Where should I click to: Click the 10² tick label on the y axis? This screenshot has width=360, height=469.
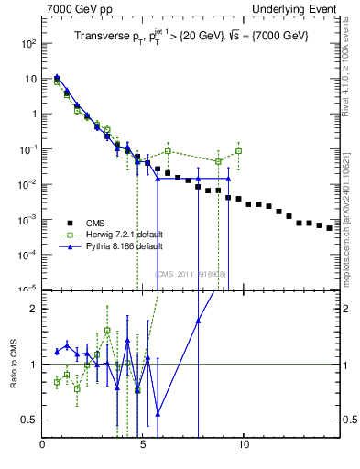(29, 43)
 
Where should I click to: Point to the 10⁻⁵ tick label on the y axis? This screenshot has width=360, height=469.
(29, 289)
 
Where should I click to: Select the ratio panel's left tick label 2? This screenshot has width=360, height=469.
(34, 309)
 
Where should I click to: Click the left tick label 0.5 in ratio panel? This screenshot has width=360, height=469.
(30, 420)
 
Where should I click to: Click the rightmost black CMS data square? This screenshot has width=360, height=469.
(329, 228)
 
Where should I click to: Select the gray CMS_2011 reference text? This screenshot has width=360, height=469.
(191, 274)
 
